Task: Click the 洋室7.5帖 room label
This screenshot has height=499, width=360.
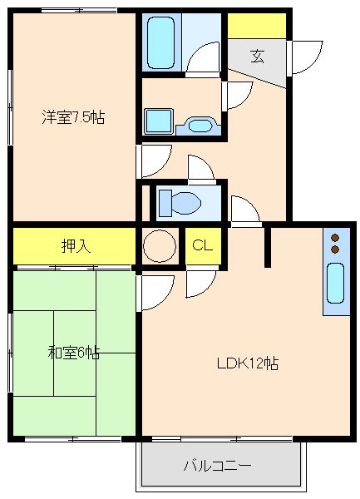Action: point(73,117)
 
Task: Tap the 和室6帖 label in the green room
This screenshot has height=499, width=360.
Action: point(73,353)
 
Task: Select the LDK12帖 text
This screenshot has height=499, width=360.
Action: point(247,363)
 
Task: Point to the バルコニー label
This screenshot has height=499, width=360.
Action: point(217,466)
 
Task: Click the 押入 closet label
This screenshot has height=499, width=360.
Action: point(74,245)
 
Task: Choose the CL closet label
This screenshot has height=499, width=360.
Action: point(202,245)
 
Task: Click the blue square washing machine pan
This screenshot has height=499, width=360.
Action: point(157,121)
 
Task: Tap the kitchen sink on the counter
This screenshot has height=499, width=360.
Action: point(335,283)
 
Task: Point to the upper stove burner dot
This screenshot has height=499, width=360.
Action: point(335,236)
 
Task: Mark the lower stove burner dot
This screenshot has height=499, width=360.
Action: point(335,249)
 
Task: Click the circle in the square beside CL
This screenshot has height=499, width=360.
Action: point(160,246)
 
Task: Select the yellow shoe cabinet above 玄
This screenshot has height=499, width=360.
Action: point(257,26)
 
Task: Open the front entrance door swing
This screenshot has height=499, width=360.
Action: point(304,57)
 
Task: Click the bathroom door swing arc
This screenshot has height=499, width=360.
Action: point(202,60)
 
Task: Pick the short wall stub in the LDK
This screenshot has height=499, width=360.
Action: point(268,246)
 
